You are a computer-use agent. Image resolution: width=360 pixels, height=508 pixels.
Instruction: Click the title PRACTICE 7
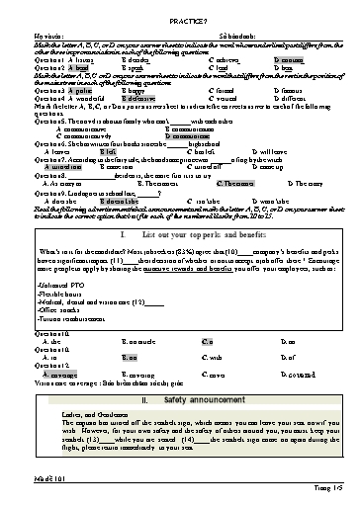click(x=180, y=10)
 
